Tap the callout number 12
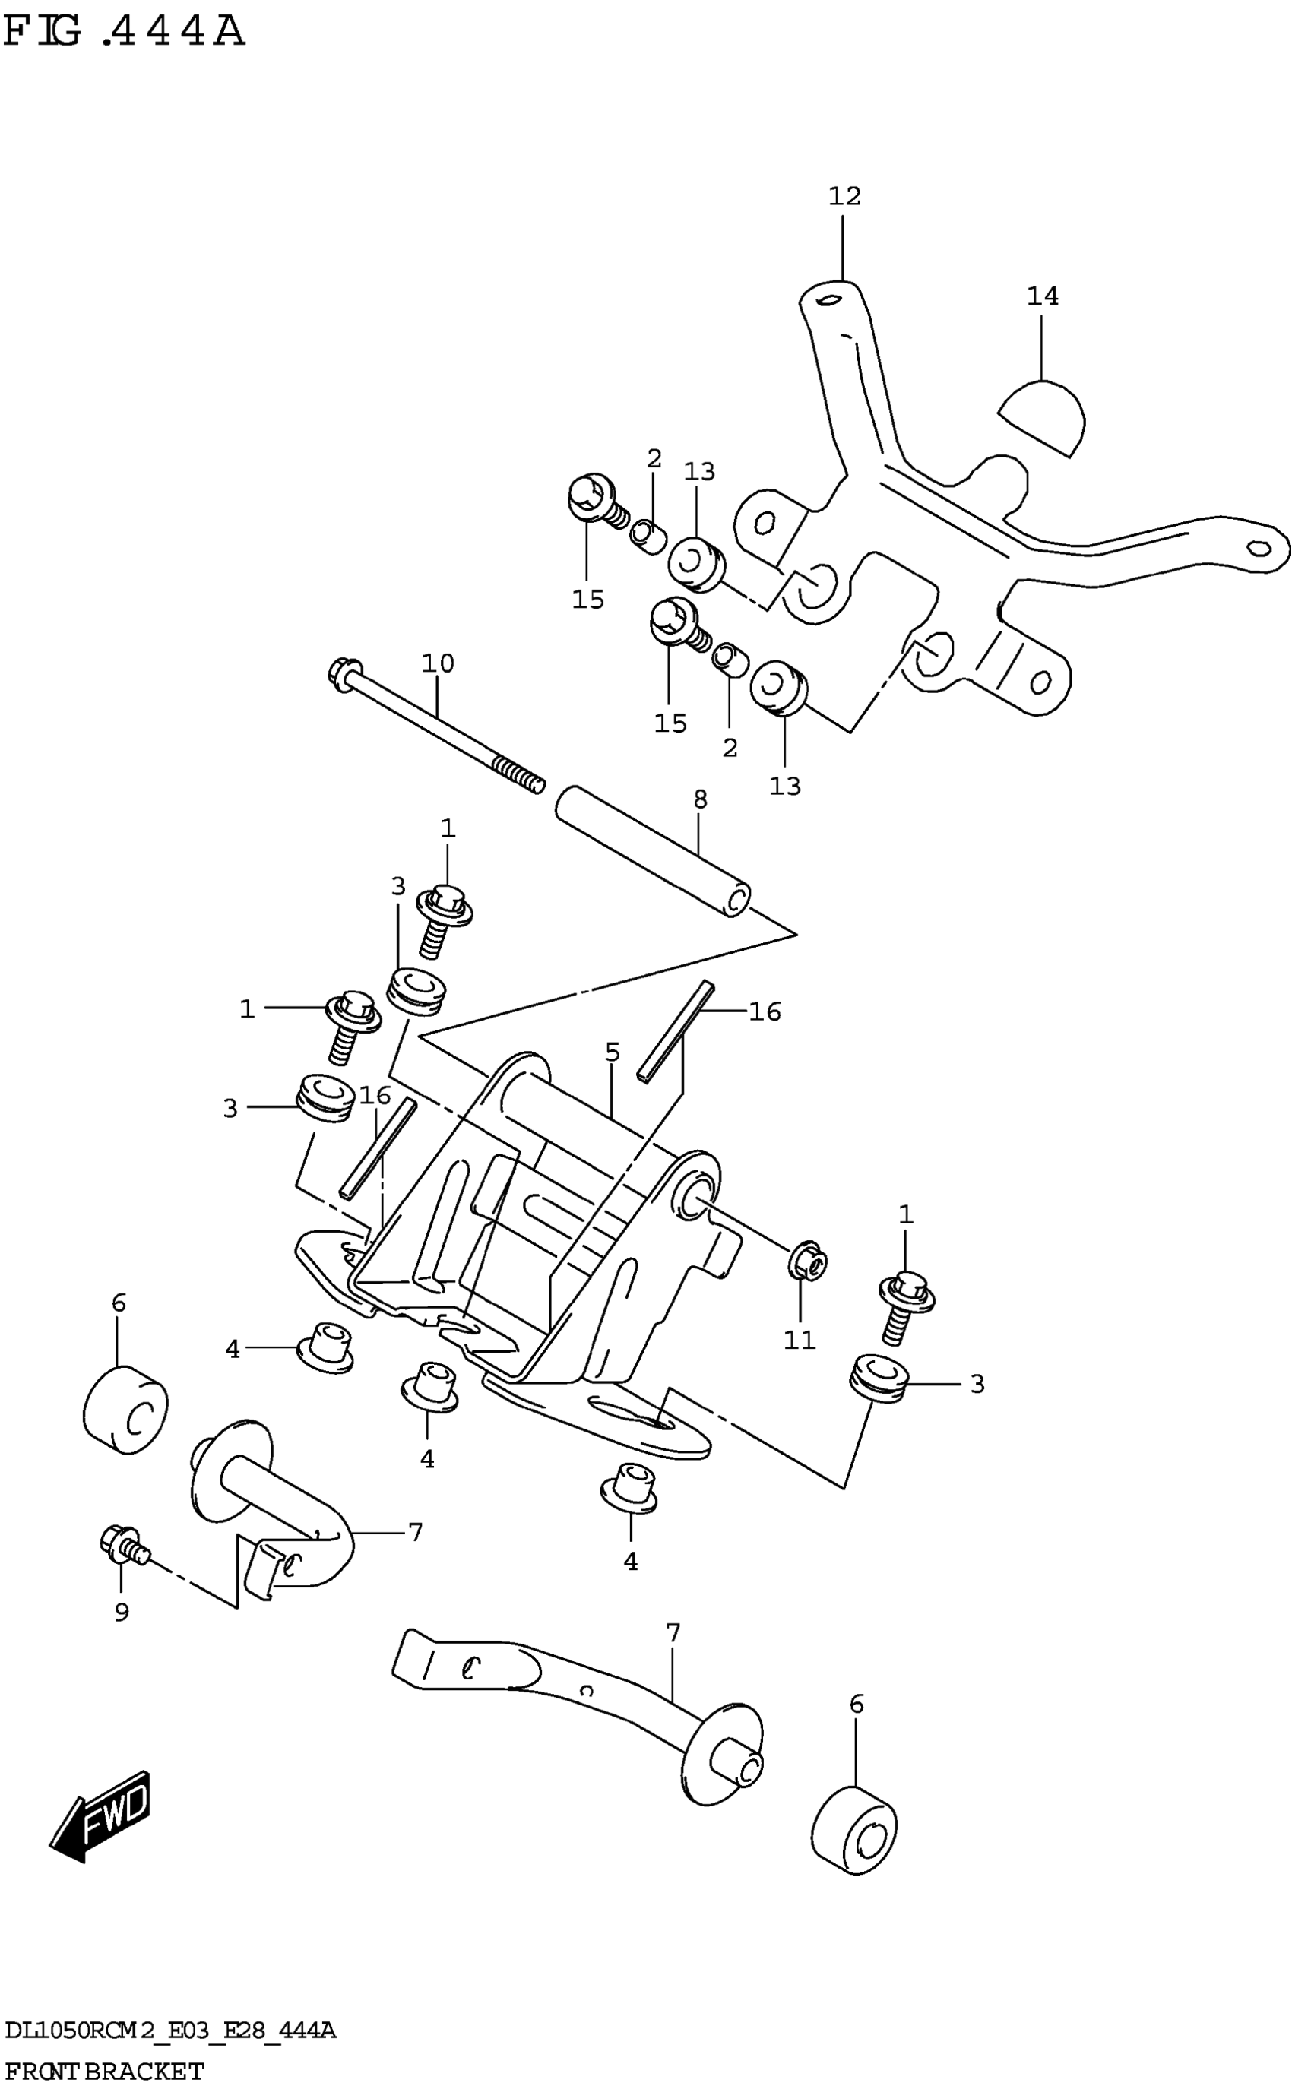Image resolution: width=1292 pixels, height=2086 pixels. coord(844,197)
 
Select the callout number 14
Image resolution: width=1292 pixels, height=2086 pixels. coord(1043,296)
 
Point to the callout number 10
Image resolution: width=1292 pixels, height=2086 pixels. coord(438,663)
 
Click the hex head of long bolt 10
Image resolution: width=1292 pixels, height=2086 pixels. coord(344,670)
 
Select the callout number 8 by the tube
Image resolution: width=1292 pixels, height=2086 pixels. coord(700,799)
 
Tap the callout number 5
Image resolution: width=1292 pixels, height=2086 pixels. coord(612,1052)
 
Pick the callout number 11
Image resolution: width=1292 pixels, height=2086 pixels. coord(800,1341)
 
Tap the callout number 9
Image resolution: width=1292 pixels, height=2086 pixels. coord(122,1612)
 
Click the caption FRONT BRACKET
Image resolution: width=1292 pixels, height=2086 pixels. coord(104,2071)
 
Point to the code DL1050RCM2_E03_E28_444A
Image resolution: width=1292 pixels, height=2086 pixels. coord(170,2031)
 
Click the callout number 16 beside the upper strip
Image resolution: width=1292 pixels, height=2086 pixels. coord(765,1011)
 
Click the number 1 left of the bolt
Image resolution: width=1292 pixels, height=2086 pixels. coord(247,1010)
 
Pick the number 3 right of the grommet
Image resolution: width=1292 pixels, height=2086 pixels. coord(977,1384)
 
